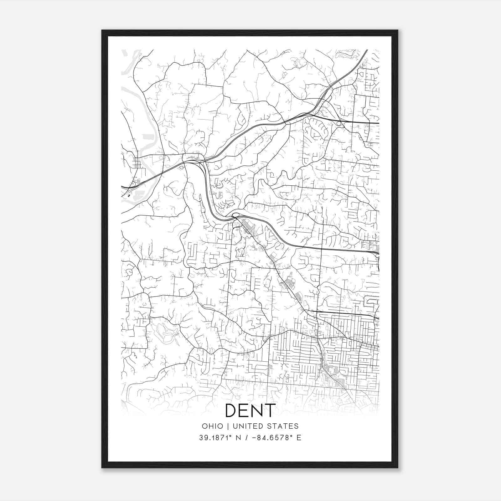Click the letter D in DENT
[x=232, y=411]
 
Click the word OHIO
[x=213, y=426]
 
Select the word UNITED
[x=247, y=426]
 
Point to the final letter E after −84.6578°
[x=299, y=438]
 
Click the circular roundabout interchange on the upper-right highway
[x=339, y=123]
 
